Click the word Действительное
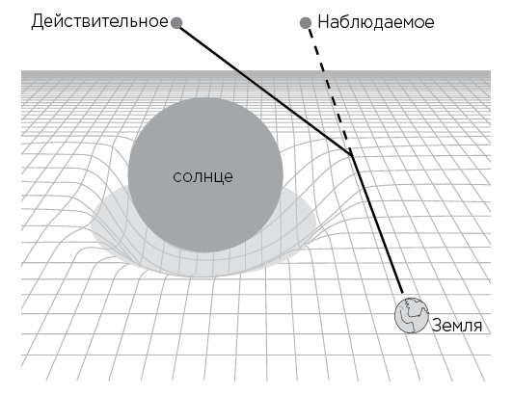(x=99, y=22)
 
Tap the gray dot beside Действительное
(x=176, y=23)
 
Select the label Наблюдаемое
(x=376, y=22)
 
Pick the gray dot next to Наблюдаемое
(x=306, y=23)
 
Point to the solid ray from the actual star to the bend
(x=265, y=90)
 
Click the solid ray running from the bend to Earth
(x=377, y=224)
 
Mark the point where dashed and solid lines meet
(x=352, y=155)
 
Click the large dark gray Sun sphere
(x=205, y=174)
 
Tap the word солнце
(x=202, y=177)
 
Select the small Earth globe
(x=412, y=315)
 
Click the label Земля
(x=457, y=326)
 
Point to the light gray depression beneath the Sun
(x=202, y=262)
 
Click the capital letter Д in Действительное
(x=38, y=22)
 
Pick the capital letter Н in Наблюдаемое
(x=324, y=22)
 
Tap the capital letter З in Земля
(x=437, y=326)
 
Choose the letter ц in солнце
(x=218, y=178)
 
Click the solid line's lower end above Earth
(x=402, y=293)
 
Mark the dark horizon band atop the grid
(x=256, y=73)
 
